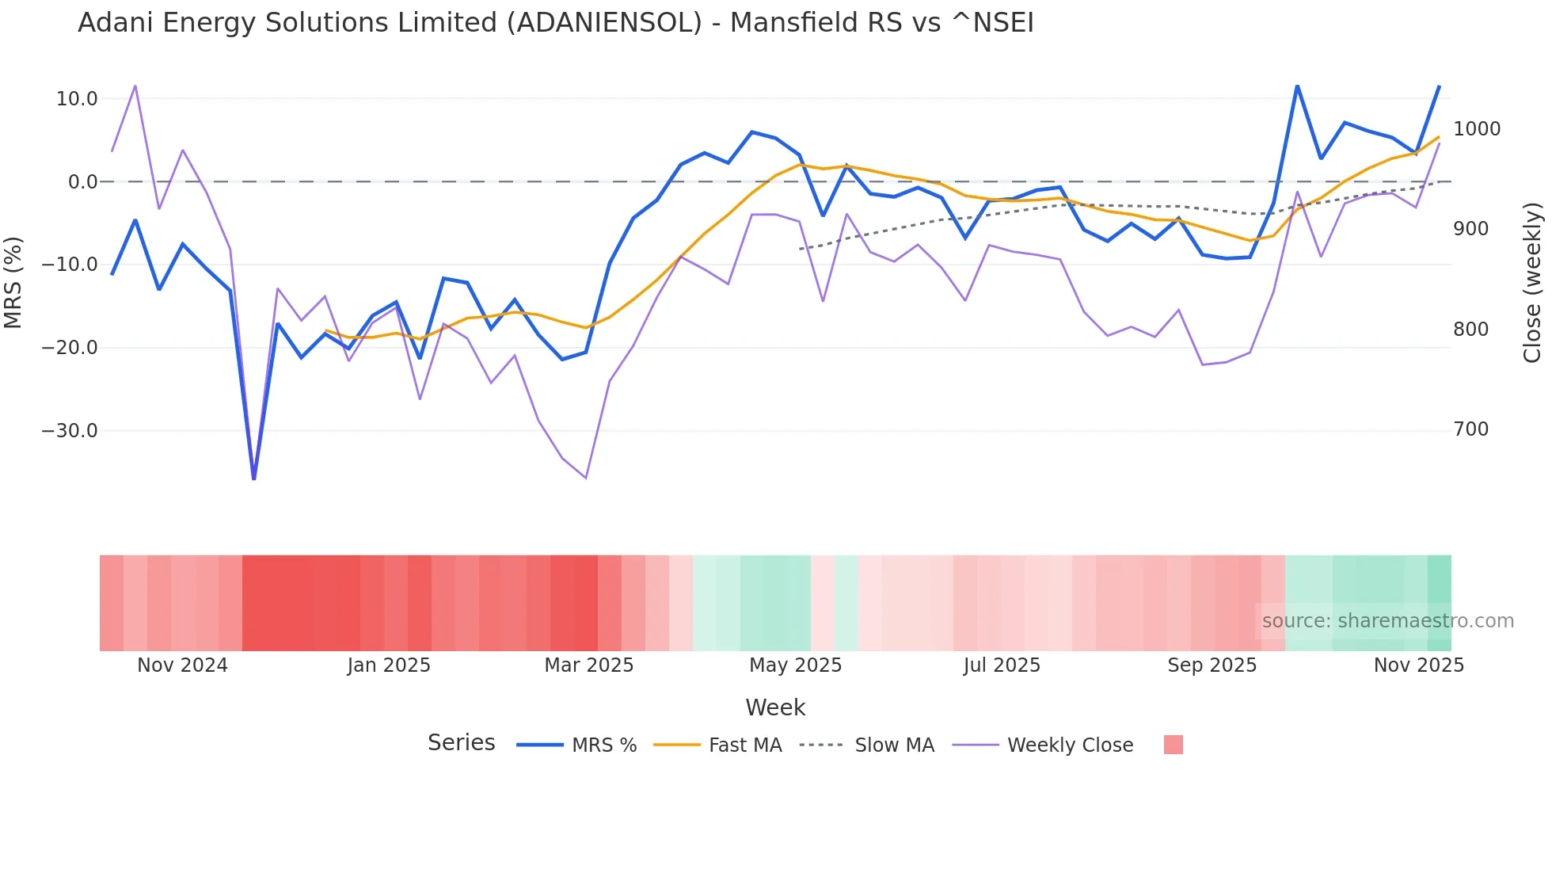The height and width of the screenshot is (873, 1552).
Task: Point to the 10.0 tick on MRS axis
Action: click(77, 99)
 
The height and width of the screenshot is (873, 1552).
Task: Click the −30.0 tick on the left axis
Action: click(70, 431)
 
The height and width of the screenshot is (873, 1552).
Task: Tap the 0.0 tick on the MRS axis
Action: click(83, 182)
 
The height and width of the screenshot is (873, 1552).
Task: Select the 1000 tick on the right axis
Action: click(1477, 129)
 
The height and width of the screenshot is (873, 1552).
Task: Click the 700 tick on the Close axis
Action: click(1470, 429)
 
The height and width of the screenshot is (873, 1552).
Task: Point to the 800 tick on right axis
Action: click(1470, 330)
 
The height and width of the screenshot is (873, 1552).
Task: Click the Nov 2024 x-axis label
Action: click(182, 665)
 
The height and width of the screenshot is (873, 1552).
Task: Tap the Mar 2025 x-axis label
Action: click(588, 665)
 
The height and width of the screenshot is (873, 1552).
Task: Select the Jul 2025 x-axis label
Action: click(1002, 665)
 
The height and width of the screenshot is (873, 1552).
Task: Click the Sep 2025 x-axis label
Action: click(1212, 665)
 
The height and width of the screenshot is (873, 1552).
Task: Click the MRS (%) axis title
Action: click(13, 282)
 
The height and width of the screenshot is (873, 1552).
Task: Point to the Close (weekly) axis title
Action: click(1533, 282)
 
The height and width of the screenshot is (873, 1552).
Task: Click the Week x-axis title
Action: click(774, 707)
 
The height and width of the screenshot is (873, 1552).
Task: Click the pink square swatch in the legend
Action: click(1173, 745)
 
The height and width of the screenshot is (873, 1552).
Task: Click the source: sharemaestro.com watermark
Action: click(1387, 621)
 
